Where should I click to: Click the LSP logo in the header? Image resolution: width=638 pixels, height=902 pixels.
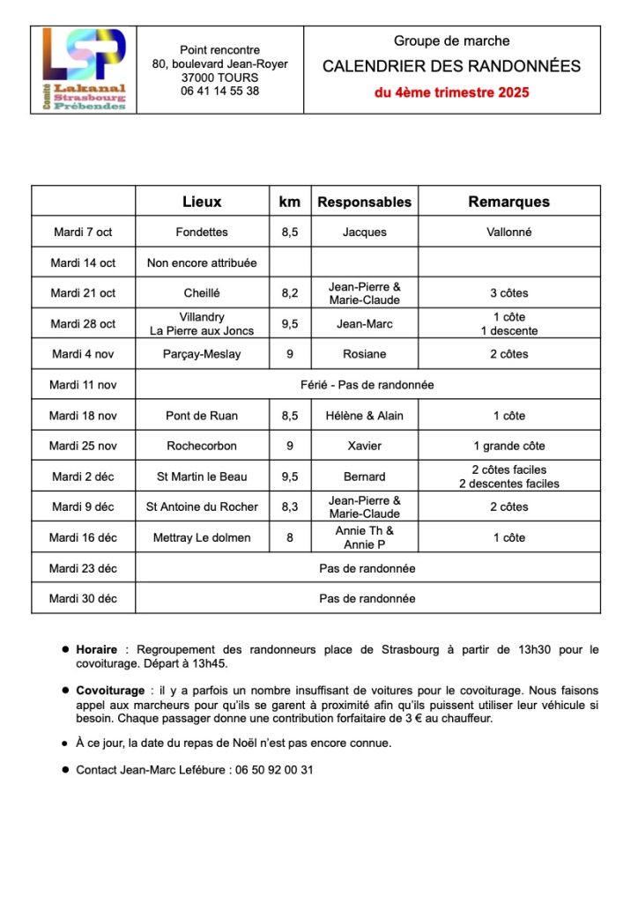(84, 69)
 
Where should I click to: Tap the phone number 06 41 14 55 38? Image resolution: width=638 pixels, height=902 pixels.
(219, 91)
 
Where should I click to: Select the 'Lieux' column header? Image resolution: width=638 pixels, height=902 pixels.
(202, 202)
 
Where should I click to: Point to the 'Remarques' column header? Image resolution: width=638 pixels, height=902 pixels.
(508, 202)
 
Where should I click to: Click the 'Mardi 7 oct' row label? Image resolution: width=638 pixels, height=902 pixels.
(83, 233)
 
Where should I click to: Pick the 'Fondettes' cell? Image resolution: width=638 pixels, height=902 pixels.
(202, 233)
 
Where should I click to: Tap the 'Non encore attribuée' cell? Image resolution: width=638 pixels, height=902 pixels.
(202, 262)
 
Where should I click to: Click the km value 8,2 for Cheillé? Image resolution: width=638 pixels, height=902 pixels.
(289, 293)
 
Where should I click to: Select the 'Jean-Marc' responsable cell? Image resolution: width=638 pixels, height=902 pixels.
(364, 324)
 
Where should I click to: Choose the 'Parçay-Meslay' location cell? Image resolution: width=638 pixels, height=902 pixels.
(202, 354)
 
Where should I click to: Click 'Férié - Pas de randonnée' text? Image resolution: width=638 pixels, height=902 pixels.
(367, 385)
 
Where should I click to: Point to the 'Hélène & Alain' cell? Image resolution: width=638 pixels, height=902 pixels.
(364, 416)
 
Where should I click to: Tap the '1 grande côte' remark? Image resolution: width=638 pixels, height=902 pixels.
(508, 446)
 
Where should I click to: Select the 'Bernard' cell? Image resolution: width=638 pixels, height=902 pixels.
(364, 477)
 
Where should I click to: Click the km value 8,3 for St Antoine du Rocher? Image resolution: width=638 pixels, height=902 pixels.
(289, 506)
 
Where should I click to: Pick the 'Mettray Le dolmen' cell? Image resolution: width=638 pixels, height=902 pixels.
(202, 537)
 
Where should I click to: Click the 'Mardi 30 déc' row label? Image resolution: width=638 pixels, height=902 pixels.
(83, 598)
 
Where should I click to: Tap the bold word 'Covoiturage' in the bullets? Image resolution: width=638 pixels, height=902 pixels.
(110, 691)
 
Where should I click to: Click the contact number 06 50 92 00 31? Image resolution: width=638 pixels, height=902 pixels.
(274, 770)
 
